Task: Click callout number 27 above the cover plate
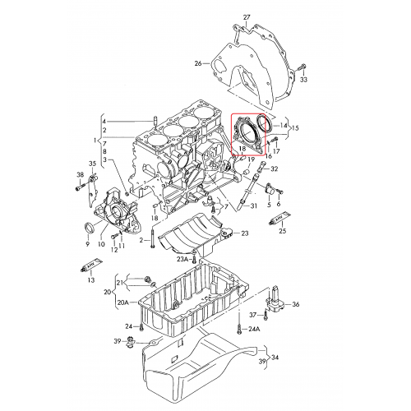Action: point(246,16)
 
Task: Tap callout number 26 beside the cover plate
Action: point(197,62)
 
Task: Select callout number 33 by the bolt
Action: point(303,80)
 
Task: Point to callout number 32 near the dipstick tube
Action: point(275,169)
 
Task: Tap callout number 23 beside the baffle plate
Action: point(244,234)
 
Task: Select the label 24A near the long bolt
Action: point(254,329)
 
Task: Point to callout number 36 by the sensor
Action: point(296,304)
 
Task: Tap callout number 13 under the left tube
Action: point(90,279)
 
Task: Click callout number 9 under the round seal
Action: point(86,243)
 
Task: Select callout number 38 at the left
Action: point(80,175)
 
